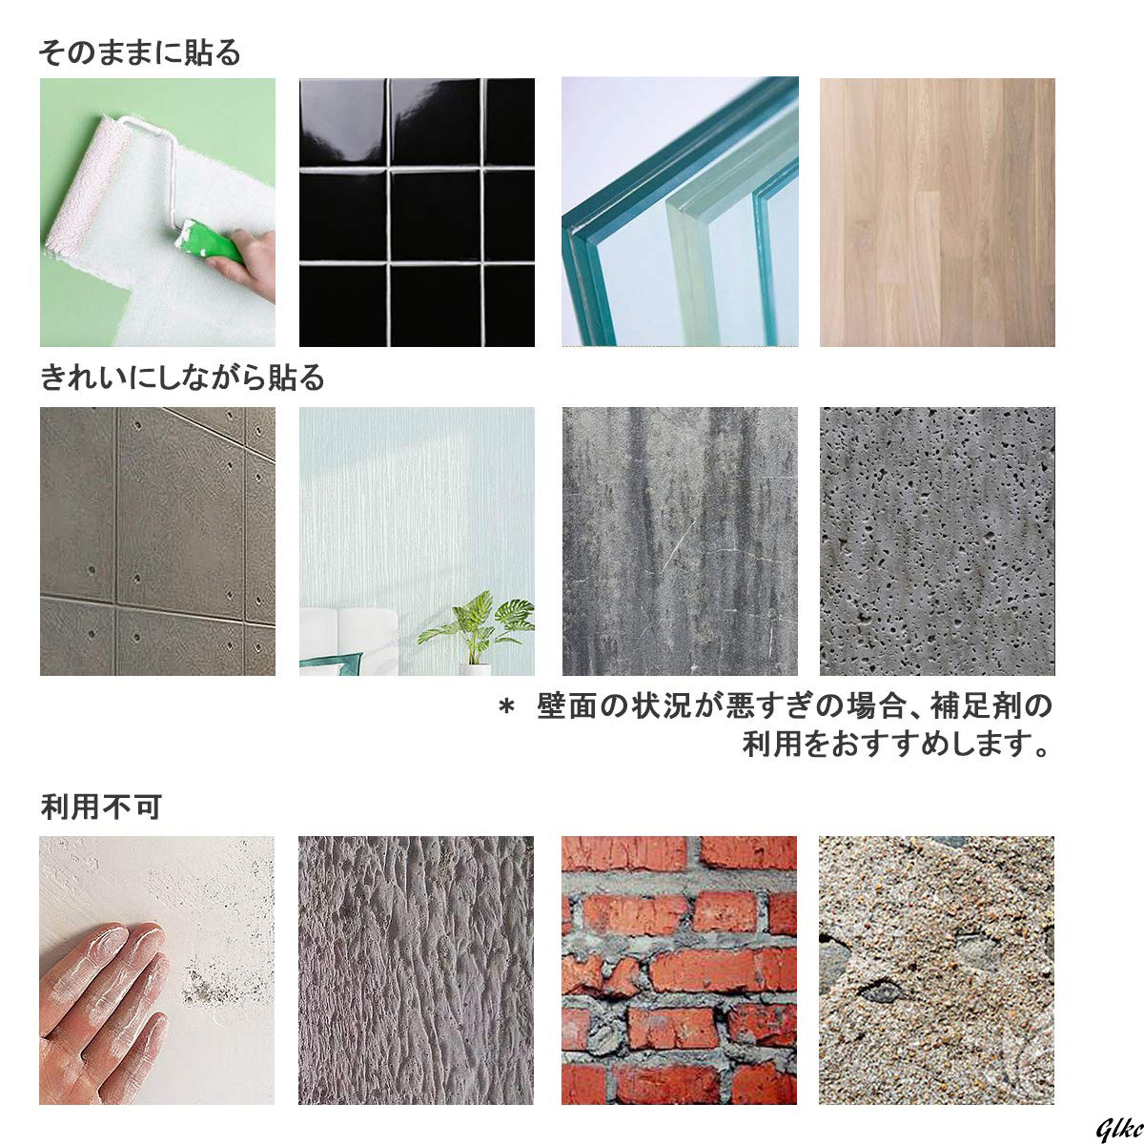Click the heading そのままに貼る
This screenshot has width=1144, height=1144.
(x=139, y=51)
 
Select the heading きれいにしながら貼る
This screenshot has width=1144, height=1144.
(x=182, y=378)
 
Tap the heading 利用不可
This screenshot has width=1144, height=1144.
(x=101, y=807)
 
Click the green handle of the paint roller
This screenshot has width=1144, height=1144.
(x=212, y=240)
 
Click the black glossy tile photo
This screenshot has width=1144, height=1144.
(x=417, y=212)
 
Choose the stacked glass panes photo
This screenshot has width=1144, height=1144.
(x=679, y=212)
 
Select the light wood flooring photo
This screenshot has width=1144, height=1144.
(x=937, y=212)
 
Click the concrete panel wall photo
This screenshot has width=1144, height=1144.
(x=157, y=541)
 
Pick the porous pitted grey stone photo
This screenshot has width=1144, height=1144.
(x=937, y=541)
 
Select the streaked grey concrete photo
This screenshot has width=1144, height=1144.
(x=679, y=541)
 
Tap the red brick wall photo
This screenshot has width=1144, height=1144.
(x=679, y=970)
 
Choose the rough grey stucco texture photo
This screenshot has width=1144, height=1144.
(x=417, y=970)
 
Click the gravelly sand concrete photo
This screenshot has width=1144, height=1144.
(x=937, y=970)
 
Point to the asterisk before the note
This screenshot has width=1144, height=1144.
(x=506, y=708)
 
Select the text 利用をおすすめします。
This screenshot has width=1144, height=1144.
(x=896, y=744)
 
